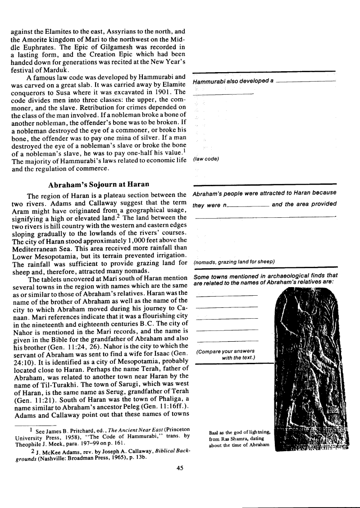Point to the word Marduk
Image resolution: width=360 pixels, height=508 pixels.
(x=55, y=69)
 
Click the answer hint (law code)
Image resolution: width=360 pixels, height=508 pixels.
(x=206, y=159)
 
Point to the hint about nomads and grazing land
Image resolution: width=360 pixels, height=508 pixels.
(x=234, y=262)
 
